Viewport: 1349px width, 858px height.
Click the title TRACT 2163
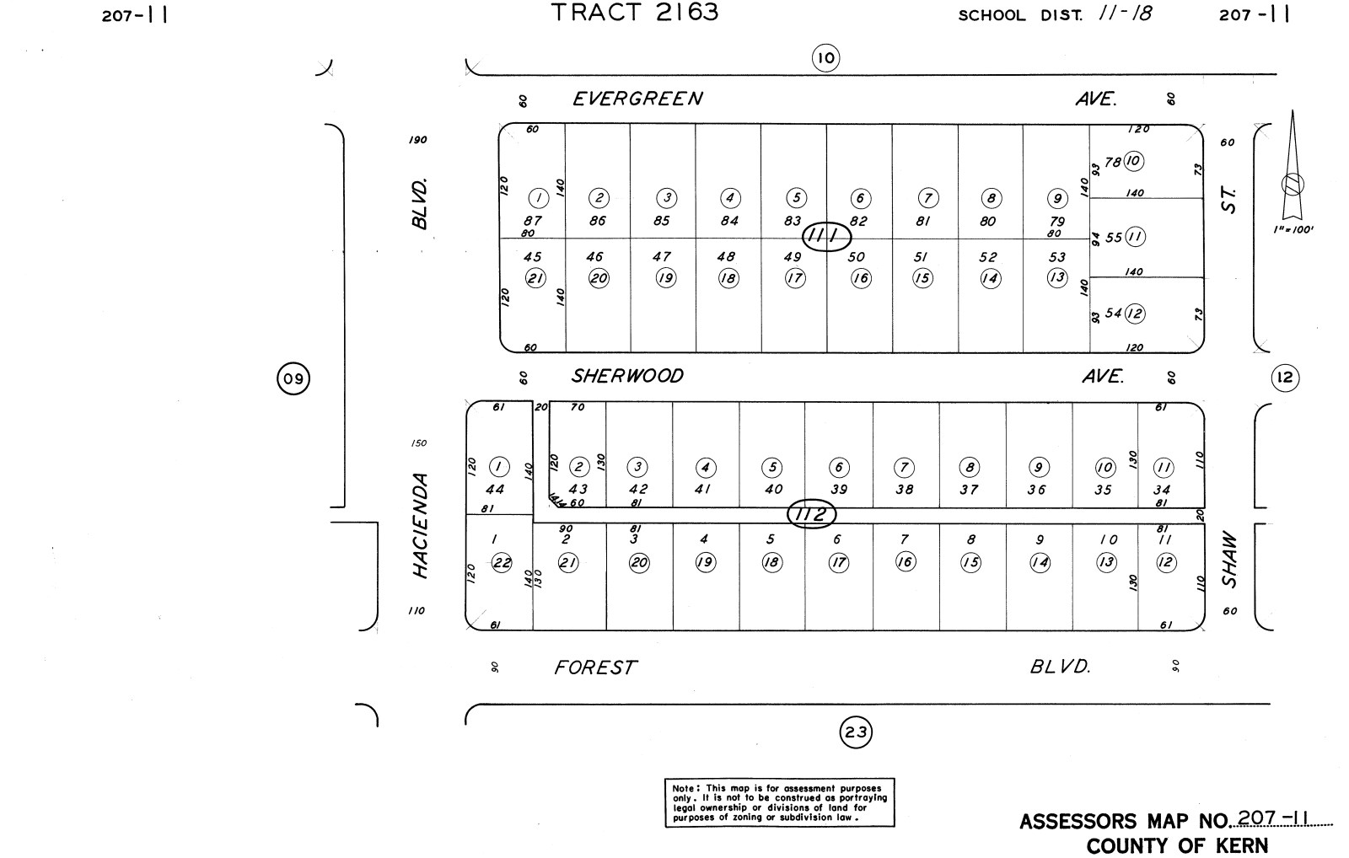click(x=634, y=13)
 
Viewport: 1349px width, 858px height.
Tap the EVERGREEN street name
click(x=637, y=99)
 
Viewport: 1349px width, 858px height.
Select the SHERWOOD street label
click(x=627, y=376)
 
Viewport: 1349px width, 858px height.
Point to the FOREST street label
click(x=594, y=668)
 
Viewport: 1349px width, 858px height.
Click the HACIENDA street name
click(x=420, y=525)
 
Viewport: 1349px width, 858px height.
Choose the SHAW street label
click(x=1229, y=560)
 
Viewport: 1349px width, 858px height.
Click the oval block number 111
click(x=825, y=237)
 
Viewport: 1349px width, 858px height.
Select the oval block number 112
click(x=811, y=513)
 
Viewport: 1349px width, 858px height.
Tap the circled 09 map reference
click(x=293, y=378)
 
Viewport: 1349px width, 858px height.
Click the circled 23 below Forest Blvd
click(x=856, y=732)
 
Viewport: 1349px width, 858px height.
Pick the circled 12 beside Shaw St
click(x=1284, y=378)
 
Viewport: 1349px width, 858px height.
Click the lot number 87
click(x=533, y=221)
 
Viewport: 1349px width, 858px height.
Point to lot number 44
click(x=495, y=489)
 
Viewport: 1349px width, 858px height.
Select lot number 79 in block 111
click(x=1057, y=222)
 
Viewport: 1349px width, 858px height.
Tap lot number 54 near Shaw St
click(x=1113, y=314)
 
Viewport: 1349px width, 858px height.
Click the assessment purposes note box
click(x=779, y=802)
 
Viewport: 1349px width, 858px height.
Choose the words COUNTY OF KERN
click(x=1176, y=845)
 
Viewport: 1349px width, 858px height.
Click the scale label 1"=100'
click(x=1293, y=229)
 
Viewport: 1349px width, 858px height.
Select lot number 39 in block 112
click(x=838, y=489)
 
